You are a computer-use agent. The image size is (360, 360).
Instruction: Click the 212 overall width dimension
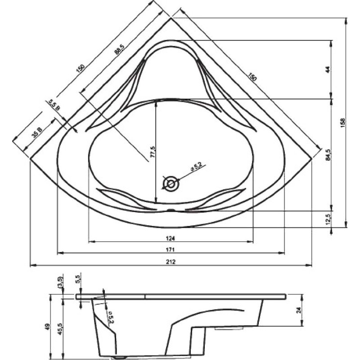point(171,262)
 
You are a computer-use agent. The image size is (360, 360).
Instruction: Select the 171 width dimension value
point(171,250)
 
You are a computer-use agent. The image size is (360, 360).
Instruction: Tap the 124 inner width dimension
point(171,238)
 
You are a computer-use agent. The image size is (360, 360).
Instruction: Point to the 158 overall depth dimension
point(343,123)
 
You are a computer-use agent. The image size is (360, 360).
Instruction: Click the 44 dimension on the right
point(328,70)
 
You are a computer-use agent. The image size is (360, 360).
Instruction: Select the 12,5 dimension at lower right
point(328,220)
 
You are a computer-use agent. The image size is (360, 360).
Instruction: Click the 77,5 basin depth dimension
point(153,152)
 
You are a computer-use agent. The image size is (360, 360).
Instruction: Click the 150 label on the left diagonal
point(81,69)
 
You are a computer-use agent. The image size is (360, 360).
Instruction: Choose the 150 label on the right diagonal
point(252,77)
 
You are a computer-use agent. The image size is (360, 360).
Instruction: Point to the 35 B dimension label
point(37,132)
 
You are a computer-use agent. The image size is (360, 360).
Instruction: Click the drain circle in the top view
point(171,184)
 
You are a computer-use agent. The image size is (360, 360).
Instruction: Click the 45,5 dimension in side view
point(60,329)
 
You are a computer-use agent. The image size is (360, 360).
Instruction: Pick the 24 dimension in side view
point(298,310)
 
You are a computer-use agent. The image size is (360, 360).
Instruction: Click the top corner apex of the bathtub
point(171,18)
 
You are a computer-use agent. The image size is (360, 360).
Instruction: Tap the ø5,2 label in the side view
point(110,317)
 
